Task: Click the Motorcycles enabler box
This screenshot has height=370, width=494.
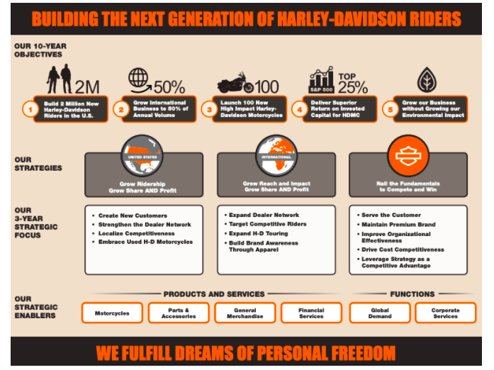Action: click(112, 313)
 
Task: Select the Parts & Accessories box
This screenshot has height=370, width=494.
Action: click(179, 313)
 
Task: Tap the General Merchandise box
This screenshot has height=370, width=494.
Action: click(245, 313)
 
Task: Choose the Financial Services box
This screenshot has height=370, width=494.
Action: click(311, 313)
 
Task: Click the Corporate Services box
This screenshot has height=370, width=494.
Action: click(445, 313)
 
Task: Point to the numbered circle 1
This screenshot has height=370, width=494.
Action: click(29, 109)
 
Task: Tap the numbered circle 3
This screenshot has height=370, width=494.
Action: click(208, 109)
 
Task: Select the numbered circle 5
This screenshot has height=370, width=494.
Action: click(388, 109)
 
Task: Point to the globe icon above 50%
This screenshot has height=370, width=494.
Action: click(137, 77)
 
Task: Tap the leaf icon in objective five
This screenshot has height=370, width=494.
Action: click(426, 79)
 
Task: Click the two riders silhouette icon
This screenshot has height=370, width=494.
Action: click(59, 79)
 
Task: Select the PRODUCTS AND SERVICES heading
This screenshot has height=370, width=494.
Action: click(214, 293)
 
